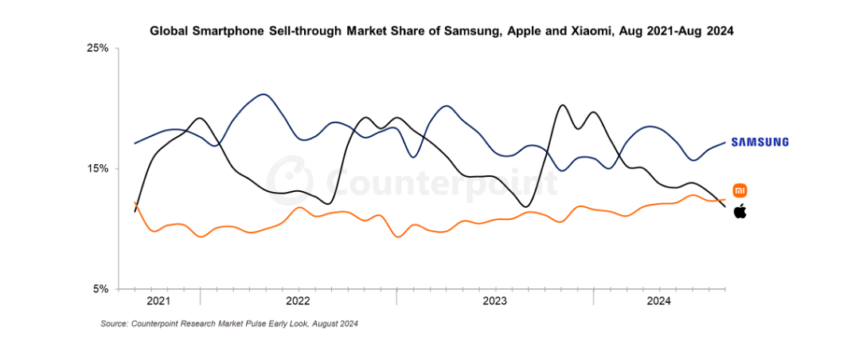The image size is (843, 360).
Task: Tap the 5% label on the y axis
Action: (x=100, y=289)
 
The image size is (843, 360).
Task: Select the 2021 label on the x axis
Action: (x=159, y=301)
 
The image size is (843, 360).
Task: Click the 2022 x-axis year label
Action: (x=298, y=301)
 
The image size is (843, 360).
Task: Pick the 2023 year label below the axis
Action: (x=494, y=301)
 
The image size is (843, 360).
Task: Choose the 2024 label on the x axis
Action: (x=658, y=301)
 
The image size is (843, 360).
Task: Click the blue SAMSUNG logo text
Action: (x=760, y=142)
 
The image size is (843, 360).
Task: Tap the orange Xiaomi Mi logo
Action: (x=740, y=190)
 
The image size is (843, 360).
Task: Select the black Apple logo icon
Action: (x=740, y=211)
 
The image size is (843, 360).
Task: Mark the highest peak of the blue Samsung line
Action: (x=263, y=94)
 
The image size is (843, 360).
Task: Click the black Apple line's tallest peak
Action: (x=562, y=105)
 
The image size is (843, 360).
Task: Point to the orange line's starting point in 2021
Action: (x=135, y=203)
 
